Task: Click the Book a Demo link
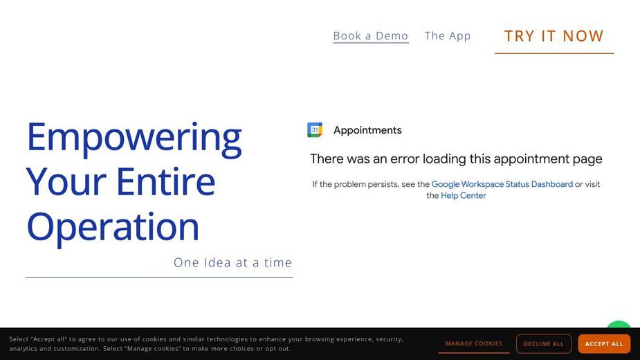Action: pyautogui.click(x=371, y=36)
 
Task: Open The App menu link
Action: pyautogui.click(x=448, y=36)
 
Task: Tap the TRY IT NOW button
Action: pyautogui.click(x=554, y=37)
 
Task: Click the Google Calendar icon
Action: pyautogui.click(x=315, y=130)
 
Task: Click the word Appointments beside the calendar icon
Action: pyautogui.click(x=367, y=130)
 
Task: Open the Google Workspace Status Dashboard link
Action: pyautogui.click(x=502, y=184)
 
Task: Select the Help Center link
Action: pyautogui.click(x=464, y=196)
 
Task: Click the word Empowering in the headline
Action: pyautogui.click(x=134, y=138)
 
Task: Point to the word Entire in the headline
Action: pyautogui.click(x=166, y=182)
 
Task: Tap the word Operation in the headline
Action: pyautogui.click(x=113, y=228)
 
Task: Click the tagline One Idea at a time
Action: pyautogui.click(x=232, y=262)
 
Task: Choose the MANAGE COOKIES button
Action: pyautogui.click(x=474, y=343)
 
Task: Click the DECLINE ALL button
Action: pyautogui.click(x=544, y=344)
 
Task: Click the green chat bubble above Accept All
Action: pyautogui.click(x=619, y=325)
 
